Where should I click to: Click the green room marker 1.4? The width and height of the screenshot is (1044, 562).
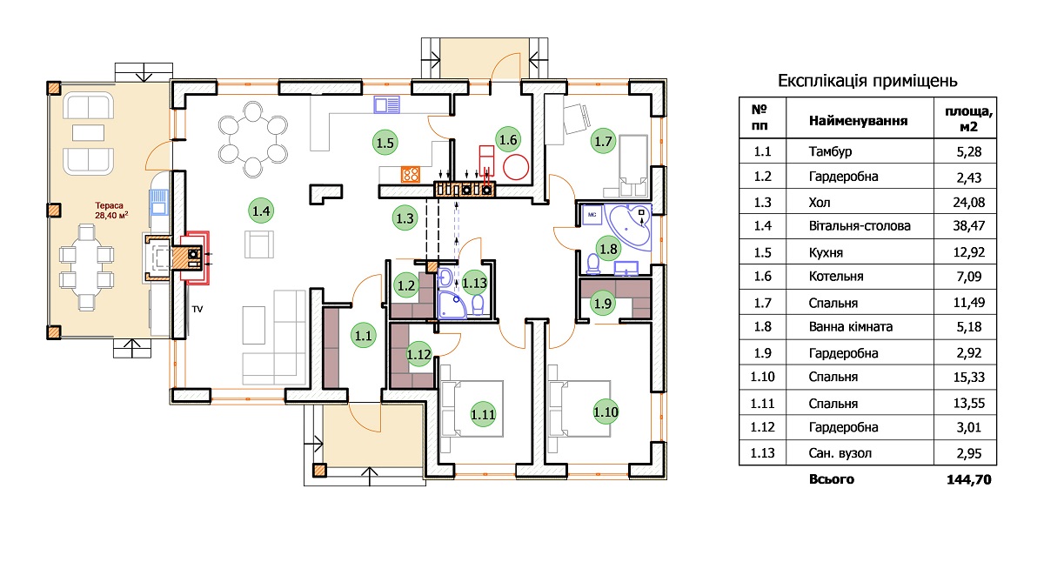[261, 211]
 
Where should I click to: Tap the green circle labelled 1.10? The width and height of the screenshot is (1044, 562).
[606, 412]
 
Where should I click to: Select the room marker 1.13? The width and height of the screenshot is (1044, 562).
[474, 283]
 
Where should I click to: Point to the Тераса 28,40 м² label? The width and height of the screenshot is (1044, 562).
[111, 211]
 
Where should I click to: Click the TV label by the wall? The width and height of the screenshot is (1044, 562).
[197, 309]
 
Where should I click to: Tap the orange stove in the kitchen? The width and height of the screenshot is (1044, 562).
[411, 174]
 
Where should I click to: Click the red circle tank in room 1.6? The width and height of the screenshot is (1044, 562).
[516, 167]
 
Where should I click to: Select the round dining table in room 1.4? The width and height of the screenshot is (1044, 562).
[252, 139]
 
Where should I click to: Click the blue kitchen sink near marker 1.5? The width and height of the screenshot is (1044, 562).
[387, 105]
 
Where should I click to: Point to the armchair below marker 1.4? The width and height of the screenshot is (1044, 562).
[259, 244]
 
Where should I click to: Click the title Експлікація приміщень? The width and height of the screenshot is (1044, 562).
[867, 81]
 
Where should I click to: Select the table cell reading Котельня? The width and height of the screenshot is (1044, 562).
[836, 277]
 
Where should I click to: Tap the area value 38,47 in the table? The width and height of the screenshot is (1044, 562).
[969, 226]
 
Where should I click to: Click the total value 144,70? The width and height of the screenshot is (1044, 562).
[969, 479]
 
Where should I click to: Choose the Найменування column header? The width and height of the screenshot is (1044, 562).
[858, 121]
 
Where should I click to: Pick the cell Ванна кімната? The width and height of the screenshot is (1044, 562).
[851, 326]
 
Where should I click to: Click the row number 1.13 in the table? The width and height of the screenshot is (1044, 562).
[762, 453]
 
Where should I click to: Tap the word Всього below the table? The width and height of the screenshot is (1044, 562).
[832, 479]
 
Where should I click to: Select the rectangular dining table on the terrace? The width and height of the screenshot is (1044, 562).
[87, 267]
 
